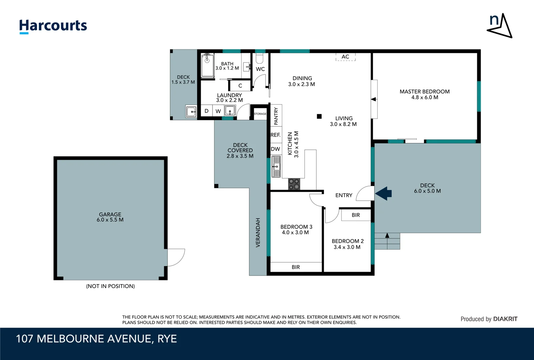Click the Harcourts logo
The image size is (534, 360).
[x=53, y=26]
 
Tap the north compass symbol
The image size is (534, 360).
[x=499, y=26]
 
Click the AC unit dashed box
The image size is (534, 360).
[x=345, y=57]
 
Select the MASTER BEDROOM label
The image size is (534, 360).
[x=424, y=91]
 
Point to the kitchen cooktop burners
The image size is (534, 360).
[x=294, y=184]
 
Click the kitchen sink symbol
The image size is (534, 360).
[x=276, y=166]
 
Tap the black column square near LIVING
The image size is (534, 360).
[x=319, y=116]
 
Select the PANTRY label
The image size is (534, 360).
[x=276, y=116]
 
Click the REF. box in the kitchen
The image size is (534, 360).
[x=275, y=135]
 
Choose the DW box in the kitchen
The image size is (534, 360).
[x=275, y=149]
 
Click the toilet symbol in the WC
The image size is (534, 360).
[x=260, y=59]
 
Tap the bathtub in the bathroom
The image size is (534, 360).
[x=208, y=66]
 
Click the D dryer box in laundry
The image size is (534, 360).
[x=207, y=111]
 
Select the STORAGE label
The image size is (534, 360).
[x=260, y=114]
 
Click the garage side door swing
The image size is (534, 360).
[x=176, y=258]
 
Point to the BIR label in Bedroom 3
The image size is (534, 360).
[x=296, y=267]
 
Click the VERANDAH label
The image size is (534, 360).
[x=258, y=232]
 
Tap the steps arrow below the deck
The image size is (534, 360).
[x=387, y=236]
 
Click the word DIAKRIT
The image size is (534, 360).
[x=505, y=319]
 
